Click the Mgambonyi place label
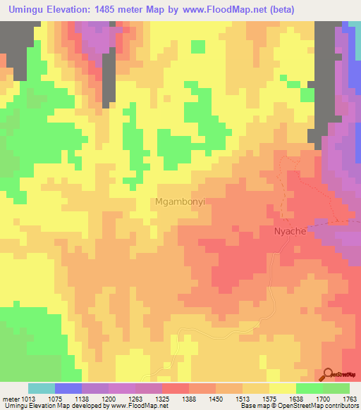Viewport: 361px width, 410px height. [x=180, y=201]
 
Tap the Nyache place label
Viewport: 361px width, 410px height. [x=290, y=231]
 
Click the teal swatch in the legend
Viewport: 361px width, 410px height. [x=41, y=388]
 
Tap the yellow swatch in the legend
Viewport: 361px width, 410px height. [x=283, y=388]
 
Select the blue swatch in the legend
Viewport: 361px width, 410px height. [x=68, y=388]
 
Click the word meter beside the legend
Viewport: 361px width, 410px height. [x=11, y=399]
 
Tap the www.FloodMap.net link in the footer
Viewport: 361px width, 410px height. [x=139, y=406]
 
